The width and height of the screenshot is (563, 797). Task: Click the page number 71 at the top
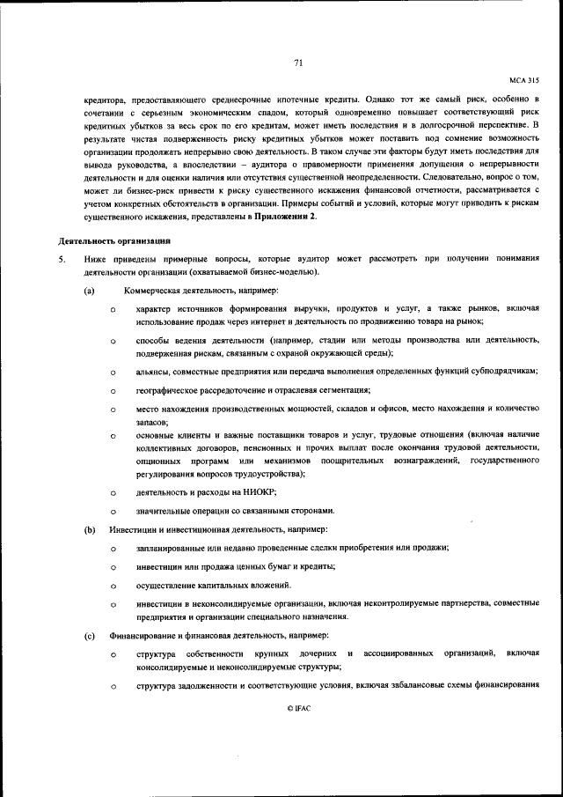pos(298,63)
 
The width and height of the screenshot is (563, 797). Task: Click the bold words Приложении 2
pos(283,217)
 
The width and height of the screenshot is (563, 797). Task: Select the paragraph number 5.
pos(61,260)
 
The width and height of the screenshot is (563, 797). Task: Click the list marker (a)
pos(90,291)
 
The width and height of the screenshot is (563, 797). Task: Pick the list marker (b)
pos(90,530)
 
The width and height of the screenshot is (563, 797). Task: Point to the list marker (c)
pos(90,635)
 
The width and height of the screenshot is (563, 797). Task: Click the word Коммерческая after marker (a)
pos(150,291)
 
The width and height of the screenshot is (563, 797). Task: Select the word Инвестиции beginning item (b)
pos(131,530)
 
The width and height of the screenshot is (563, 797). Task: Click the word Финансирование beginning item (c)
pos(144,635)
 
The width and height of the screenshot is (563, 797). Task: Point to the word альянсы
pos(154,372)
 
